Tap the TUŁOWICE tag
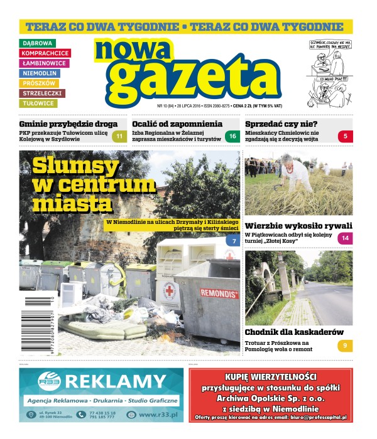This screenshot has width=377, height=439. tap(38, 103)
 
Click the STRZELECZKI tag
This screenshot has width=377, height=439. tap(42, 93)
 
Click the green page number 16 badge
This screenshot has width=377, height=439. tap(232, 137)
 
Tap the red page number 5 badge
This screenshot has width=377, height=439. tap(345, 136)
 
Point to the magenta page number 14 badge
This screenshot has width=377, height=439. tap(345, 238)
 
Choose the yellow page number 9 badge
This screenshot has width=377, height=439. tap(345, 345)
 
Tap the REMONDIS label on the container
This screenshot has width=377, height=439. tap(219, 293)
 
